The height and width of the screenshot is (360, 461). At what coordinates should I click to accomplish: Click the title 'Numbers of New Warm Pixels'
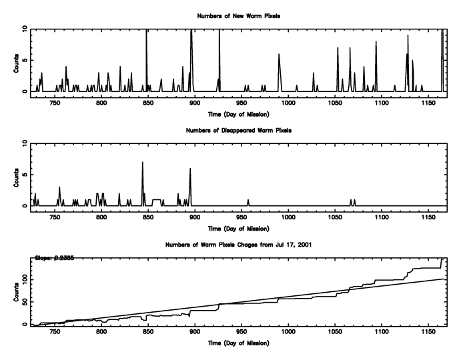click(x=238, y=15)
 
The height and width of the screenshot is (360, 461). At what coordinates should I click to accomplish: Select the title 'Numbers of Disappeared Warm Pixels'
click(x=238, y=129)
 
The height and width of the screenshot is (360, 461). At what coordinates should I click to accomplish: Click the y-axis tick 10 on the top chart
click(x=23, y=29)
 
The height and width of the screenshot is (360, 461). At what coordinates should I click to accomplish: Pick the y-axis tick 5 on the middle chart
click(x=25, y=175)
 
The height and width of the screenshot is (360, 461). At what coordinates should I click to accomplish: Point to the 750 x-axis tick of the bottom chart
click(x=55, y=333)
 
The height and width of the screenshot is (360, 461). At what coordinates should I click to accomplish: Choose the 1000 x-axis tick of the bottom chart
click(x=288, y=333)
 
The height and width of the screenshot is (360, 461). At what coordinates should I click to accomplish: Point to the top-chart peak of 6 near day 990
click(x=279, y=54)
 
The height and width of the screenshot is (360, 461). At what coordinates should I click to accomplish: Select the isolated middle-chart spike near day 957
click(x=248, y=200)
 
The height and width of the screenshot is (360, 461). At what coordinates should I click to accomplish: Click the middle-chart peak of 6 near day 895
click(x=190, y=168)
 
